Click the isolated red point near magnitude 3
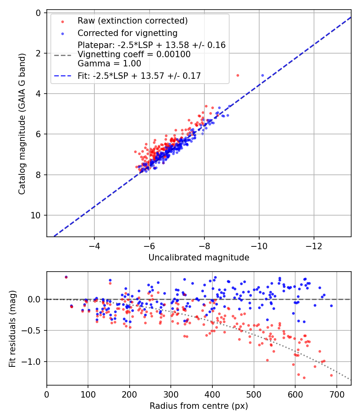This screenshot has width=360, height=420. pos(238,76)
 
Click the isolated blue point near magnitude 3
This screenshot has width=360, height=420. pos(262,76)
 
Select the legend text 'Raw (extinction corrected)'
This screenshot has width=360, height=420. pos(132,21)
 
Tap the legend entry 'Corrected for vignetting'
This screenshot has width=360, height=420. pos(128,33)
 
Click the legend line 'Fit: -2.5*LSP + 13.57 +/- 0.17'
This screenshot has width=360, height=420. pos(139,76)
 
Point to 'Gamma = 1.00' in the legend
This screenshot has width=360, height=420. pos(109,64)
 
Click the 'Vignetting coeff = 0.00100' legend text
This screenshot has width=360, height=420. pos(134,54)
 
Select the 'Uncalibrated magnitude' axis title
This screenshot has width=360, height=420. pos(199,258)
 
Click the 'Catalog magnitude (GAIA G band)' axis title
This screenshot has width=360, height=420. pos(22,124)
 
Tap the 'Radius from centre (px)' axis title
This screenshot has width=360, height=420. pos(199,406)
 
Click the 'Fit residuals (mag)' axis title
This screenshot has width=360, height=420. pos(12,329)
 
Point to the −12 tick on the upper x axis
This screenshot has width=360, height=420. pos(314,246)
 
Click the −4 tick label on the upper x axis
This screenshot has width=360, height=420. pos(94,246)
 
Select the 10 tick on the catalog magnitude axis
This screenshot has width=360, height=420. pos(35,215)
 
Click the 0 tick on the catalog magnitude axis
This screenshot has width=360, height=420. pos(38,13)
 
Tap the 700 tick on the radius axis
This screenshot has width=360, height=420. pos(337,394)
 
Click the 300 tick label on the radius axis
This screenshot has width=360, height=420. pos(171,394)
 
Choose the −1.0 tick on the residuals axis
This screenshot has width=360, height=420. pos(30,362)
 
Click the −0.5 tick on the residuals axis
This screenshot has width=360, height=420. pos(30,330)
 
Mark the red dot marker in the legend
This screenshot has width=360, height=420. pos(63,22)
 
